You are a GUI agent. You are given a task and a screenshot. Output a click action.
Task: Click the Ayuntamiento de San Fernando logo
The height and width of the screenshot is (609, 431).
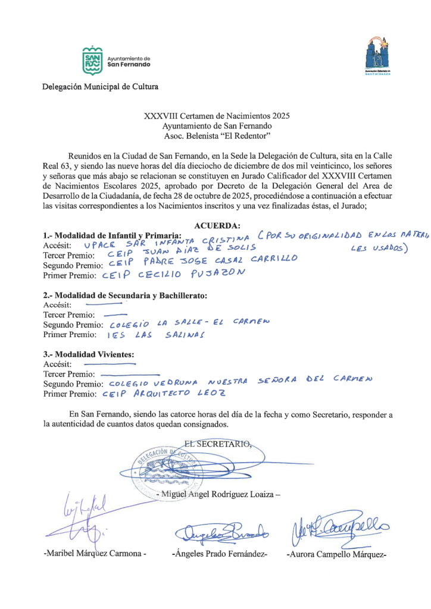click(93, 61)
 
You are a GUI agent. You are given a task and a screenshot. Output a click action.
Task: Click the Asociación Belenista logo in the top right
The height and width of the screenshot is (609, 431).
click(377, 55)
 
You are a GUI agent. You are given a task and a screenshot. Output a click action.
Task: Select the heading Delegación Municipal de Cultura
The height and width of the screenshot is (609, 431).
click(100, 87)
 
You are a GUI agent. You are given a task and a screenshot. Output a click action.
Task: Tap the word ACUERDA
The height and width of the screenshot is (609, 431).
click(217, 225)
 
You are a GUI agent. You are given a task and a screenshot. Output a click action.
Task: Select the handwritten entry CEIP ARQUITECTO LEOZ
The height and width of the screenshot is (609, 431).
click(164, 394)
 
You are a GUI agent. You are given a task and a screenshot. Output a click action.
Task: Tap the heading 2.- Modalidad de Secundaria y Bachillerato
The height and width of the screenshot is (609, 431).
click(125, 295)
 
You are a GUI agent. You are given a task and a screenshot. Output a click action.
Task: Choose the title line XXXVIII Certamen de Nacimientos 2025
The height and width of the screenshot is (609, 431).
click(217, 116)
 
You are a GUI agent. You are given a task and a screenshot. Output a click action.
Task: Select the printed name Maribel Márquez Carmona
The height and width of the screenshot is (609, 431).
click(95, 554)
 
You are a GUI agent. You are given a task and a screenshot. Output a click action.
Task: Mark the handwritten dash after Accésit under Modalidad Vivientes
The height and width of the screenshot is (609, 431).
click(110, 363)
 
